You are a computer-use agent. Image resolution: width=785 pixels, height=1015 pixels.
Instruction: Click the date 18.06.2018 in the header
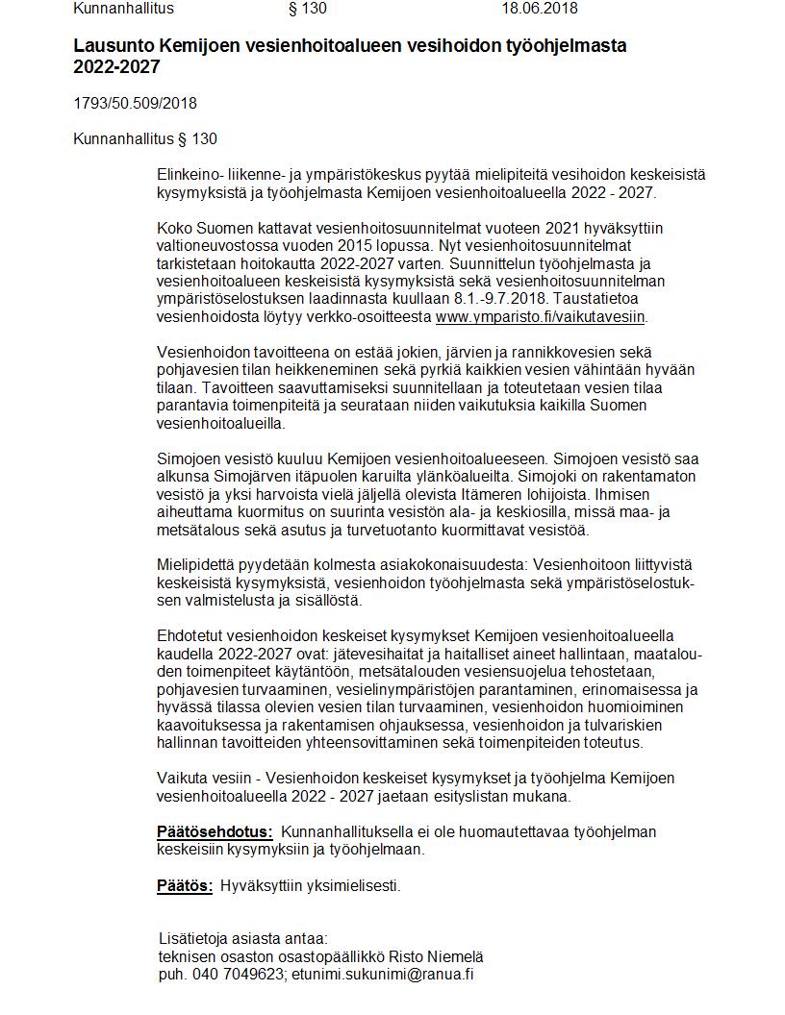point(540,9)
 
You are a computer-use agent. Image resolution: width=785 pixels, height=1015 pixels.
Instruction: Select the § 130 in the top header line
point(308,9)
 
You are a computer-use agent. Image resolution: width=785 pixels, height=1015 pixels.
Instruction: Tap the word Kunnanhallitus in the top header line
point(124,9)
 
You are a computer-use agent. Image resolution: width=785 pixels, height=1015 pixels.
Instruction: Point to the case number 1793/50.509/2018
point(135,104)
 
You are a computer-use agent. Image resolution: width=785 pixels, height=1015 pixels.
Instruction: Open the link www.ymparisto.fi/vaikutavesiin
point(541,316)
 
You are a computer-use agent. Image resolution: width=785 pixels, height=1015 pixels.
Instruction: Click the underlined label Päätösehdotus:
point(215,832)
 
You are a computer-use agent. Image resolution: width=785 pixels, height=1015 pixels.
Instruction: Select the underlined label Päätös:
point(185,886)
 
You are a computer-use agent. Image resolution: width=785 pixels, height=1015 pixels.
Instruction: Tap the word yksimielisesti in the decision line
point(355,886)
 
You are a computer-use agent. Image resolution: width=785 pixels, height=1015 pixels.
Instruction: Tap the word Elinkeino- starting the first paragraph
point(190,175)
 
